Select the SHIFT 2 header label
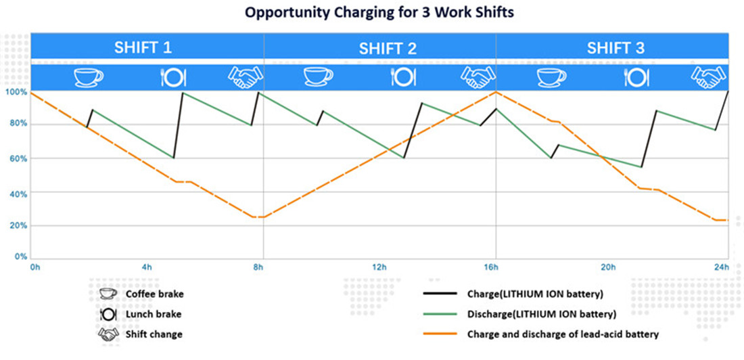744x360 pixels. [388, 48]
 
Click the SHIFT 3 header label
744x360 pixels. [615, 48]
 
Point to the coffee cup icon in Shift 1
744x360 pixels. [88, 76]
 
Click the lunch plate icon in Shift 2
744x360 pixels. [402, 76]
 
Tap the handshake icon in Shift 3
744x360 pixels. [708, 76]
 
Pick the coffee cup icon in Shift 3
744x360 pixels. [551, 76]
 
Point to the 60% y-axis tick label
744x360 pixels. [16, 158]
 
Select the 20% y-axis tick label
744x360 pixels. [16, 225]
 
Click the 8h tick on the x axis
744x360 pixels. [258, 267]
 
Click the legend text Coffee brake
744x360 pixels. [154, 294]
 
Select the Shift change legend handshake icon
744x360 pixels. [107, 334]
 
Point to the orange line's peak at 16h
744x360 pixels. [496, 91]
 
